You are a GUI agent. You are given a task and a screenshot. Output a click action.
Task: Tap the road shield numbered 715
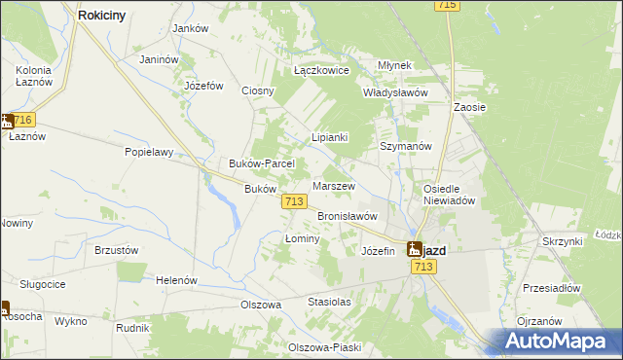(448, 6)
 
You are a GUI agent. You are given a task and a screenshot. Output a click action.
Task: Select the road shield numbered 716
(23, 120)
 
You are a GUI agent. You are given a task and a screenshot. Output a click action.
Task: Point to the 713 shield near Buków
(295, 200)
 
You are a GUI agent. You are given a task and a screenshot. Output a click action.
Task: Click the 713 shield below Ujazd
(422, 267)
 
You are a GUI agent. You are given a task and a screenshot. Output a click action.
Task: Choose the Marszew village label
(333, 186)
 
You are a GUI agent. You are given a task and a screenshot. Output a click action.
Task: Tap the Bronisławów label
(347, 216)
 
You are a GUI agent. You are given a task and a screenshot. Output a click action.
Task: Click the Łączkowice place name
(321, 71)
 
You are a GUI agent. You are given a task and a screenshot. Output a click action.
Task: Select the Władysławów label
(395, 92)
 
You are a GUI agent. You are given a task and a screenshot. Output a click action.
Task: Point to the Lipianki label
(329, 138)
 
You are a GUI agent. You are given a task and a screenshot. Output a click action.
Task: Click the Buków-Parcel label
(255, 163)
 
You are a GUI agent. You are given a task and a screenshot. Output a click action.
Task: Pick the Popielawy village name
(149, 152)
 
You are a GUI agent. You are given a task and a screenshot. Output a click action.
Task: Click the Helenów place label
(176, 280)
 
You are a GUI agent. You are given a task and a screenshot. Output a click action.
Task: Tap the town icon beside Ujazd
(414, 249)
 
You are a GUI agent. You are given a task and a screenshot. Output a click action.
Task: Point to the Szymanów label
(404, 146)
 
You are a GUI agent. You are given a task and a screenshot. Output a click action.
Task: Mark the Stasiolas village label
(329, 303)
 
